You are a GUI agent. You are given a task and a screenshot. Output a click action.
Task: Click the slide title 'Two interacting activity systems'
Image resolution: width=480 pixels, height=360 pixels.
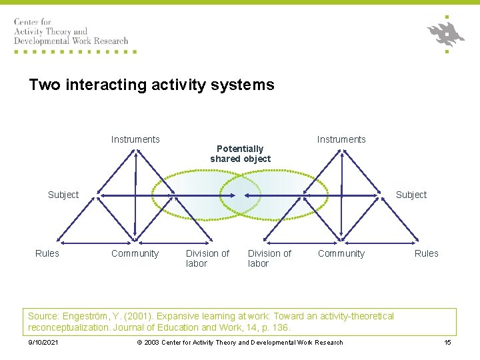151,85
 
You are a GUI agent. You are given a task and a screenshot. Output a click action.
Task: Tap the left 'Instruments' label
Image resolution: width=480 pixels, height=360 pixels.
135,139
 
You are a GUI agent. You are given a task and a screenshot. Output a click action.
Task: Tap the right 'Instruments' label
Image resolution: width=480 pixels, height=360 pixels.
341,139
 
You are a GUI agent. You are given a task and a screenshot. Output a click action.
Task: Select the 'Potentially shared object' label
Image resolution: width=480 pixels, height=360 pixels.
240,154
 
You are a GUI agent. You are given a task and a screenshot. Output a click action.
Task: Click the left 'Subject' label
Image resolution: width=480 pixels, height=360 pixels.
63,195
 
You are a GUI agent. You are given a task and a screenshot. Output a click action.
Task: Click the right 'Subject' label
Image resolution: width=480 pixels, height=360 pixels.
411,195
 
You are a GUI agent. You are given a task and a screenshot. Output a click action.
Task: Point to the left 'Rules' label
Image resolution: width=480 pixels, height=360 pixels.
47,253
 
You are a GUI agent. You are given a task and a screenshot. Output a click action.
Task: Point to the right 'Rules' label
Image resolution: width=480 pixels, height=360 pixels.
427,253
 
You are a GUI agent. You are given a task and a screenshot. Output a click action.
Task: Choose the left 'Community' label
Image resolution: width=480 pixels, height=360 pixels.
135,253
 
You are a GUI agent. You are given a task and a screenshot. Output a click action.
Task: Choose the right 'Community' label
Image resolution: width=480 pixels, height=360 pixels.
341,253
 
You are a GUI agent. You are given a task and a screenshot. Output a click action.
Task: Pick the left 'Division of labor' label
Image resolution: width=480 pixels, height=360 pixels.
207,258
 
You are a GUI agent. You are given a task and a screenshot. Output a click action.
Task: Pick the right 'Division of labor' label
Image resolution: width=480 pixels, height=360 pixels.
269,258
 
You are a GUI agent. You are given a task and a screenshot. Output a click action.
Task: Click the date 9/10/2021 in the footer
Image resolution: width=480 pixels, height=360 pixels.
43,343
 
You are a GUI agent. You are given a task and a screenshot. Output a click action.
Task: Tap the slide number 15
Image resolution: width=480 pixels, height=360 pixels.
447,343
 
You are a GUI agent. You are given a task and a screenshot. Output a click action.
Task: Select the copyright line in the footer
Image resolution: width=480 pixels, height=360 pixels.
240,343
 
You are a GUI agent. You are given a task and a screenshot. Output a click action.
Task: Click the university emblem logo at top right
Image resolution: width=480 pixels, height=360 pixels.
445,33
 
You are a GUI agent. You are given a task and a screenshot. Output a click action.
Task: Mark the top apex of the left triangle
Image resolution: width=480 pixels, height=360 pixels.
135,149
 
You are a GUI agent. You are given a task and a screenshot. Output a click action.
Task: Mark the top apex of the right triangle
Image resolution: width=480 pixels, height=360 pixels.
341,149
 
